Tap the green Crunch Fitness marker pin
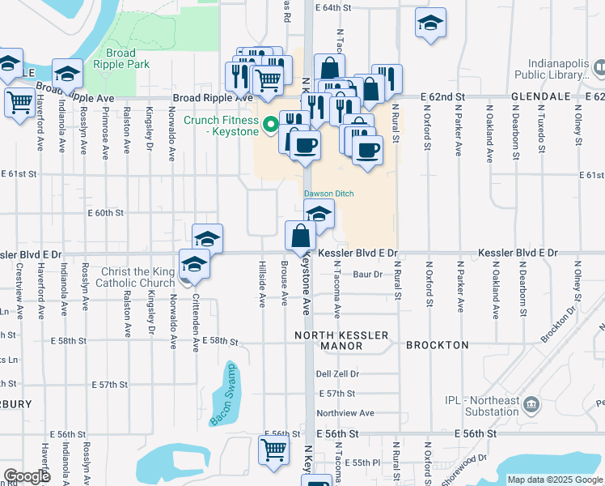click(x=271, y=124)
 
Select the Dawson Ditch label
click(x=329, y=194)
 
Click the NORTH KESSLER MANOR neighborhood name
click(x=342, y=339)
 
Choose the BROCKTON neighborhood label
click(x=437, y=345)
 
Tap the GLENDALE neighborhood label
click(x=542, y=96)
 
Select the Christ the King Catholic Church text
click(x=135, y=277)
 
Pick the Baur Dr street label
click(x=367, y=274)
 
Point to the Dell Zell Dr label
click(x=337, y=373)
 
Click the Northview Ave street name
click(x=345, y=412)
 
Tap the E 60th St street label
click(x=105, y=213)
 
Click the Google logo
click(x=27, y=476)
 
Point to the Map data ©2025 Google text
click(x=554, y=480)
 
